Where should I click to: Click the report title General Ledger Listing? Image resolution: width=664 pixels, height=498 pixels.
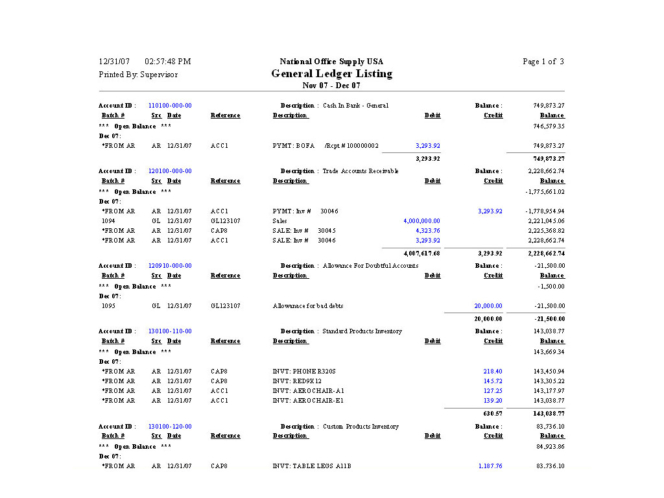click(331, 74)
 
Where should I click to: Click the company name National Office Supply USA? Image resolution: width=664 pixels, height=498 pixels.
click(331, 62)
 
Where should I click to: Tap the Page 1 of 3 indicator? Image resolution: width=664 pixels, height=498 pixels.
click(543, 62)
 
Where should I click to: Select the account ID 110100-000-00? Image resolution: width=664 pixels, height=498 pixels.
click(170, 106)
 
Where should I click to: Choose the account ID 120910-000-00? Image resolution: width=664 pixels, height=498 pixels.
click(170, 266)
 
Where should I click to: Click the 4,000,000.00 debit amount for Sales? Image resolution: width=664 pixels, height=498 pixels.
click(421, 221)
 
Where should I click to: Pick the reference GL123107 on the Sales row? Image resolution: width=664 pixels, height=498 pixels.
click(225, 221)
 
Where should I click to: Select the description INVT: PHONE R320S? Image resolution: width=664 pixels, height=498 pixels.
click(304, 372)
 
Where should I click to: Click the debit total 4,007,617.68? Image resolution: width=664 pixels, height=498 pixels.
click(421, 254)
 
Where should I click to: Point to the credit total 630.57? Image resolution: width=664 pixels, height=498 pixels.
click(492, 413)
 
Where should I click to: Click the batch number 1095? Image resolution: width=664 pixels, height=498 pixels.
click(108, 306)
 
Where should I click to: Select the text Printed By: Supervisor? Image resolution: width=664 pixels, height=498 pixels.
click(138, 75)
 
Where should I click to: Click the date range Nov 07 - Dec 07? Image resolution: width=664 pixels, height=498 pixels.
click(331, 86)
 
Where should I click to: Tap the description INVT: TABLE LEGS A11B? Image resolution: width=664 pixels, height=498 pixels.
click(312, 466)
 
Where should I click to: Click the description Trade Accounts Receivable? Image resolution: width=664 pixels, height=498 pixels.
click(361, 171)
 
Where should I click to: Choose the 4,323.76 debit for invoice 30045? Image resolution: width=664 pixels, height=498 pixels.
click(427, 231)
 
